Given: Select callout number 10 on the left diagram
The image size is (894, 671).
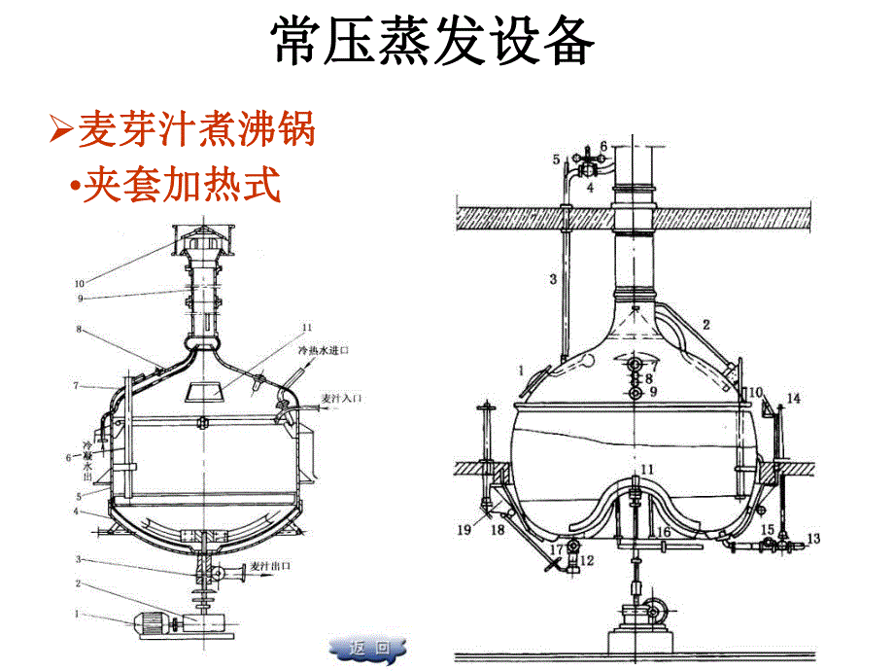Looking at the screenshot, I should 80,284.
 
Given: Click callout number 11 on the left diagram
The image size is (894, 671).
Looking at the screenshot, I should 307,327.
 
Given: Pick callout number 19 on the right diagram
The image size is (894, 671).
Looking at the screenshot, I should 464,530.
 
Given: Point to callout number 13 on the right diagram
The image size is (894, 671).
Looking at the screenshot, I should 814,539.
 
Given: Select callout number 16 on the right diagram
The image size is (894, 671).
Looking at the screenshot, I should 663,532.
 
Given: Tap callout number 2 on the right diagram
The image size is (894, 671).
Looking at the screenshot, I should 706,324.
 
